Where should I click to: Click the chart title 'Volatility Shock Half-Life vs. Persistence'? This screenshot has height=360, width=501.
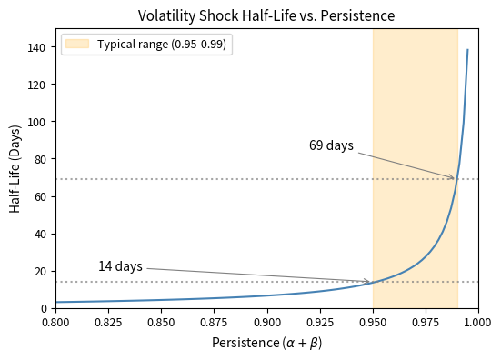[x=266, y=15]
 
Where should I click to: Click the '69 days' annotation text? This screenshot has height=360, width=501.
[x=331, y=145]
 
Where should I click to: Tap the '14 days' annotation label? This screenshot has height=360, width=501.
[x=120, y=266]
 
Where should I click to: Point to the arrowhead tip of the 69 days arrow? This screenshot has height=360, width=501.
[x=455, y=178]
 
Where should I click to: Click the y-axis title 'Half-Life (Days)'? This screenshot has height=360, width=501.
[x=15, y=168]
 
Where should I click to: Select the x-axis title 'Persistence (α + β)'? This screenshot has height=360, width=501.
[x=266, y=343]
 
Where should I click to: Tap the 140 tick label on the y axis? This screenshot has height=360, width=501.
[x=37, y=47]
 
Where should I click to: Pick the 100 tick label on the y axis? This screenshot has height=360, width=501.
[x=37, y=122]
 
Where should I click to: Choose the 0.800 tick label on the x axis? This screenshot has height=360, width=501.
[x=55, y=322]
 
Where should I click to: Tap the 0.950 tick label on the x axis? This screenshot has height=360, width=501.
[x=372, y=322]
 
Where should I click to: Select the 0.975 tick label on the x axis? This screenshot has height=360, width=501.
[x=425, y=322]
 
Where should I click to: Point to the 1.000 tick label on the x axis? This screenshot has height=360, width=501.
[x=477, y=322]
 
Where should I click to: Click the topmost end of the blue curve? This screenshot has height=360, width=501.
[x=467, y=50]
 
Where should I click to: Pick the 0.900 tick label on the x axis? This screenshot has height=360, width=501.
[x=266, y=322]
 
